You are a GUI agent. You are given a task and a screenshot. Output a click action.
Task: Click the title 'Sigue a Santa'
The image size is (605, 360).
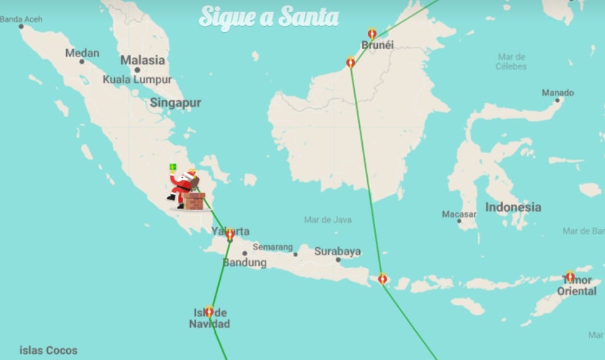click(268, 17)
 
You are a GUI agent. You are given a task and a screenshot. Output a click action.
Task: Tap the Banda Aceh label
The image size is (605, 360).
click(21, 20)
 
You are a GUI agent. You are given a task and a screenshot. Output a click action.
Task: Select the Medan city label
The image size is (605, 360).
click(82, 53)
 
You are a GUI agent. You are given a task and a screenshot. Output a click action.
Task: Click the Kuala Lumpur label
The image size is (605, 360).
click(137, 80)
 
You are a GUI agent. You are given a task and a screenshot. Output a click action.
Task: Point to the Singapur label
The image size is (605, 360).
click(175, 103)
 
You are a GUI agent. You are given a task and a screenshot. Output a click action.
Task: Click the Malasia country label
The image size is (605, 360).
click(142, 60)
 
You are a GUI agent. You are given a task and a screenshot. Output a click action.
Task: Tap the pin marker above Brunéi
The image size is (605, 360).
click(372, 33)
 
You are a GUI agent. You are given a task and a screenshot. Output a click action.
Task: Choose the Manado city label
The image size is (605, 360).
click(558, 93)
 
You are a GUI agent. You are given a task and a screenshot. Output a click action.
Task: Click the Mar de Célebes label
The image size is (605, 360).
click(511, 61)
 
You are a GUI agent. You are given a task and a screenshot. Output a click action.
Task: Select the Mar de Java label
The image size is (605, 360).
click(328, 220)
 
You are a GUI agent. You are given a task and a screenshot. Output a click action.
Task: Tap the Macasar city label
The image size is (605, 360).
click(459, 215)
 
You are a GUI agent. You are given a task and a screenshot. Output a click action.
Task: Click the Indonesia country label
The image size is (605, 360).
click(513, 207)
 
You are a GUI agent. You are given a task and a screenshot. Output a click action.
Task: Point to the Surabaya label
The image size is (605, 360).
click(338, 251)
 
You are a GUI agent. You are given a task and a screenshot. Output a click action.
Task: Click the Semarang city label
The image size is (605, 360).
click(273, 247)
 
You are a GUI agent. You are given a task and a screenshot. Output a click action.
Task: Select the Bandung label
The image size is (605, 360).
click(245, 262)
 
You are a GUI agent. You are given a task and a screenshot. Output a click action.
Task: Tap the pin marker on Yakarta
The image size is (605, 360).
click(230, 234)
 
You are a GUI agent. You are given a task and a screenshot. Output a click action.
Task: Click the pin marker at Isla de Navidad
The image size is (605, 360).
click(209, 311)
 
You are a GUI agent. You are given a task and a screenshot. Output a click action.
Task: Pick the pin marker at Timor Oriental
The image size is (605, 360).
click(570, 277)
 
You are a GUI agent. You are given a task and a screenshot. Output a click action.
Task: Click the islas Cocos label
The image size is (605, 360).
click(48, 351)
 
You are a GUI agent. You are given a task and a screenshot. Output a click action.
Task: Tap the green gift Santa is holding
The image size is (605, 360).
click(173, 167)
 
